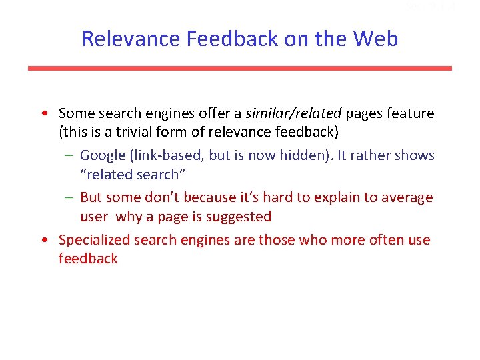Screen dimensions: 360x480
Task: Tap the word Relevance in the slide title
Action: coord(131,39)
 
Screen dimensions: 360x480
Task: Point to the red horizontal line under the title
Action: coord(240,68)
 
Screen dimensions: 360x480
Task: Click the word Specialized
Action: coord(94,239)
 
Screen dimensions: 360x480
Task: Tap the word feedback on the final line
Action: coord(88,259)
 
